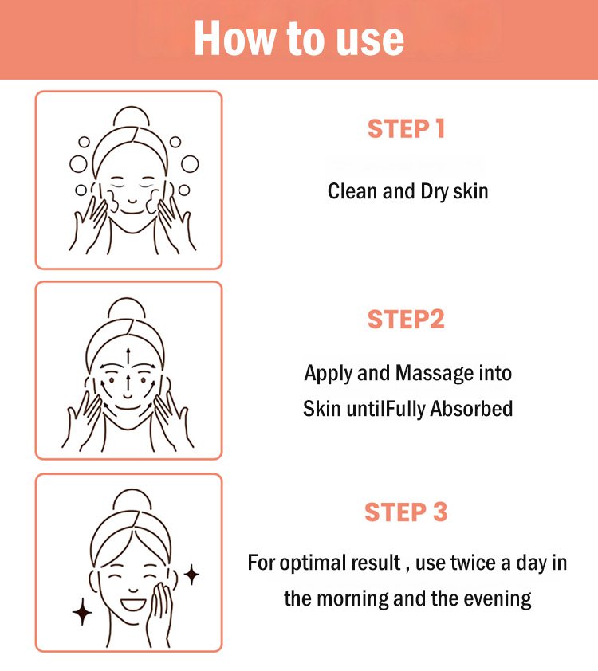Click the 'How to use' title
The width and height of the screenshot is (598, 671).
tap(299, 38)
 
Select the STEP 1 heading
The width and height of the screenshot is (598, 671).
tap(406, 129)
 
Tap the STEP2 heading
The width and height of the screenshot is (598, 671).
tap(406, 320)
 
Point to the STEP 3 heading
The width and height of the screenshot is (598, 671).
tap(406, 512)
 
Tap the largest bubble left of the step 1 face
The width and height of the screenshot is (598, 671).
tap(78, 163)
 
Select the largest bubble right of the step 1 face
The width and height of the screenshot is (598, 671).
tap(190, 163)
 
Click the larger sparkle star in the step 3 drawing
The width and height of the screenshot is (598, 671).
tap(82, 612)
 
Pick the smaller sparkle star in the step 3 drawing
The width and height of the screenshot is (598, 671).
tap(191, 575)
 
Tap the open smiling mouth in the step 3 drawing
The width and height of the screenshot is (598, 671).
tap(133, 604)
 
